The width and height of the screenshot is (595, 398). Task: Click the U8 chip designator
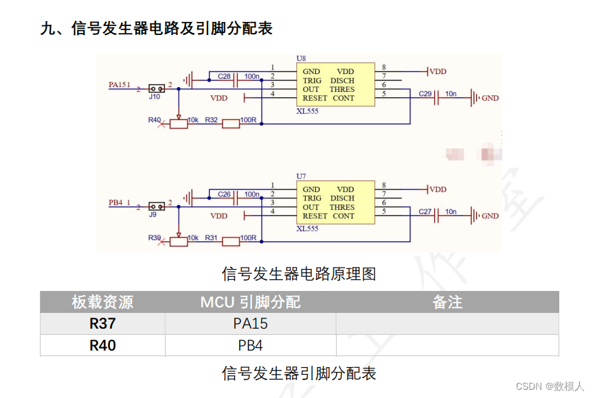point(302,60)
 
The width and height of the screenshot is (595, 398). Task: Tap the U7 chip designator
point(302,177)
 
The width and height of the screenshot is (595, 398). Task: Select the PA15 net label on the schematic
point(119,84)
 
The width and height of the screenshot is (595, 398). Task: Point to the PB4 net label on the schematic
point(116,202)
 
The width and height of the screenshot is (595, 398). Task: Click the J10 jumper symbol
point(156,89)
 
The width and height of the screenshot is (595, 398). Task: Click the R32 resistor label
point(212,120)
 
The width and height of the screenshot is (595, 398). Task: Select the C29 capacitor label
point(425,93)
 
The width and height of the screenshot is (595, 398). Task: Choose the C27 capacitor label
point(425,211)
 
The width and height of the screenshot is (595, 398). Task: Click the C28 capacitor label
point(224,76)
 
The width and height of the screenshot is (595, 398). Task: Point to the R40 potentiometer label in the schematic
point(155,120)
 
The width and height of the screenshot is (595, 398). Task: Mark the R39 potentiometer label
point(155,237)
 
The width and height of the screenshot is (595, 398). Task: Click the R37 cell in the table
point(102,323)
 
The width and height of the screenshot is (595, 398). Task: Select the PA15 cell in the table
point(250,323)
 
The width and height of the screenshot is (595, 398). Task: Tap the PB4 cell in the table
point(250,345)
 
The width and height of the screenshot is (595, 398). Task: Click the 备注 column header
point(447,302)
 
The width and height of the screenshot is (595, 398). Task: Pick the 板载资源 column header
point(102,302)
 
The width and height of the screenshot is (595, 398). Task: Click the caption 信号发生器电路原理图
point(299,274)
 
